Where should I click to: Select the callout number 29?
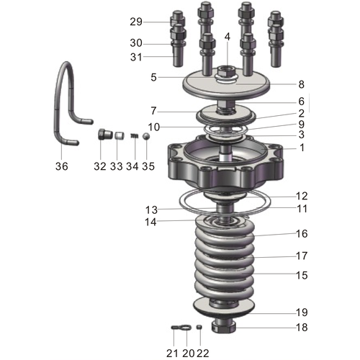tap(136, 21)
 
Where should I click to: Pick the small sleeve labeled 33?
tap(120, 136)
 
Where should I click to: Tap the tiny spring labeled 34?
tap(133, 138)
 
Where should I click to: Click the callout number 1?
tap(302, 147)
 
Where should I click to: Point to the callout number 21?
tap(172, 353)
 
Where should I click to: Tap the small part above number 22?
tap(199, 328)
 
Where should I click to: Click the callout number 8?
tap(302, 84)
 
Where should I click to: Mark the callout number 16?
tap(302, 233)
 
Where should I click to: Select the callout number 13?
tap(150, 210)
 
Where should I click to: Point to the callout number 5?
tap(153, 76)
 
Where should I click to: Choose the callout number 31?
tap(136, 58)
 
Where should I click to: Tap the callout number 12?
tap(302, 196)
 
